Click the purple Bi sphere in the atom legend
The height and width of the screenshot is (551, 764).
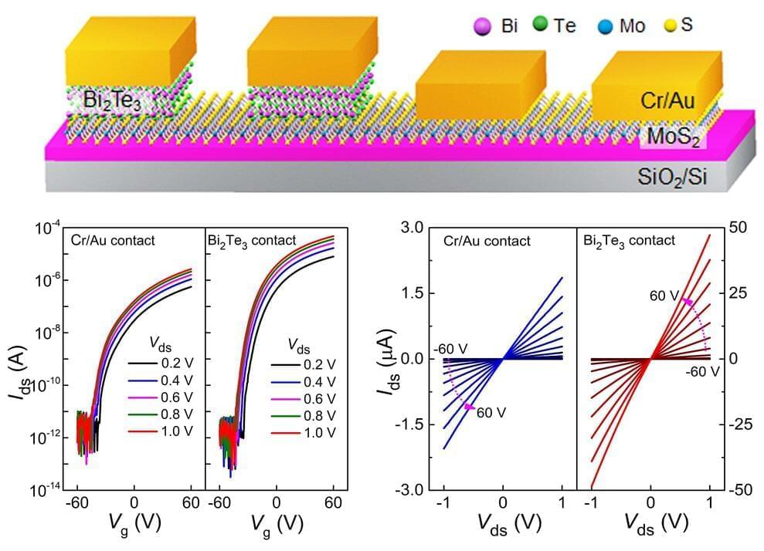click(x=481, y=28)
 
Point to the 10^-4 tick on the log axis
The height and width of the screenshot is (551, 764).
click(x=49, y=229)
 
